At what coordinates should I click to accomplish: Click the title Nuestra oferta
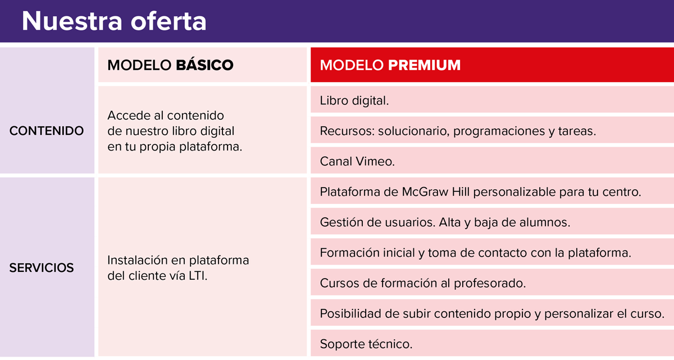[114, 21]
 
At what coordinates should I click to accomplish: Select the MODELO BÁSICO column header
[170, 65]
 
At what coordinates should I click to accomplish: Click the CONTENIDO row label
[47, 131]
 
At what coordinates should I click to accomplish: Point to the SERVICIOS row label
[42, 268]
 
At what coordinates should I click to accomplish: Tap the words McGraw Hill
[437, 192]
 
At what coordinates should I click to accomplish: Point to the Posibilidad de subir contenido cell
[492, 313]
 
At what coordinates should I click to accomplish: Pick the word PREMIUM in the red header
[424, 65]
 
